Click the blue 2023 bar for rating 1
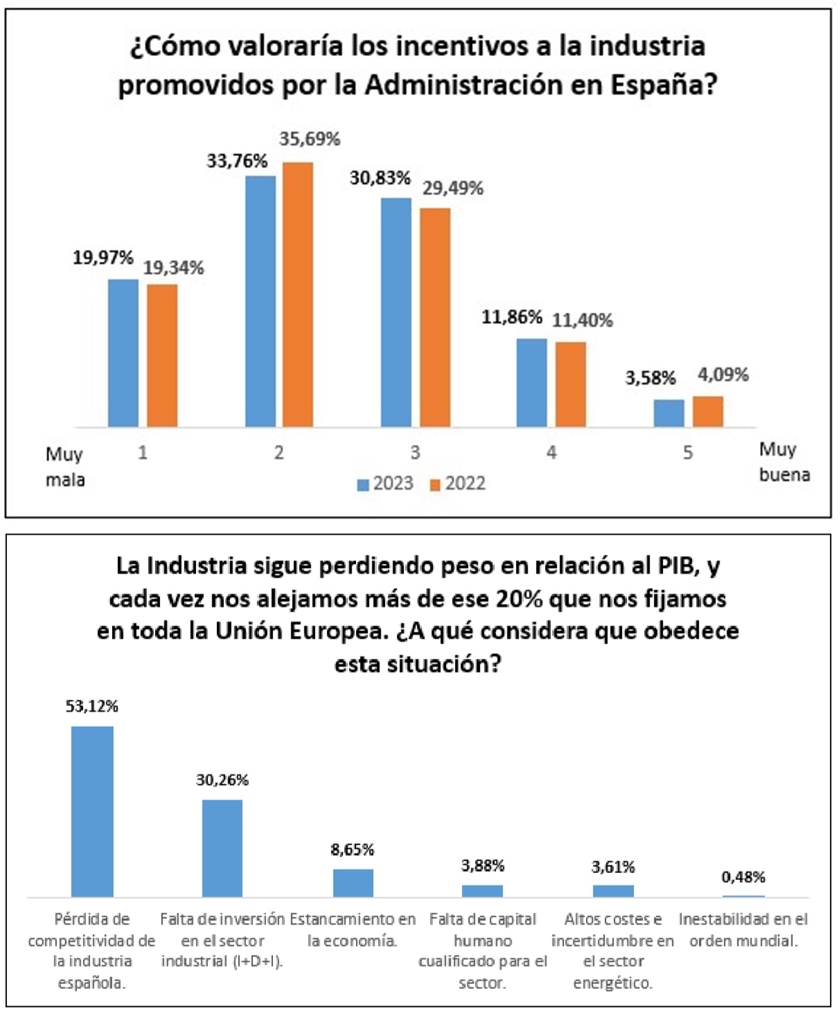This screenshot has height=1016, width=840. [123, 353]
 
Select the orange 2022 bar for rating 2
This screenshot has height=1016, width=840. [297, 295]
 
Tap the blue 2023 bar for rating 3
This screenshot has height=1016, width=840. [396, 312]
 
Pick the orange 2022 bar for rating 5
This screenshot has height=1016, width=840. [708, 412]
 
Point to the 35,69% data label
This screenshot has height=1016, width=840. [309, 139]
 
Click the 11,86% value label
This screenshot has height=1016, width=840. [512, 317]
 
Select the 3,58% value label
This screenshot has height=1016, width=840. [650, 378]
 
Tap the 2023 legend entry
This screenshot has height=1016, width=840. [385, 484]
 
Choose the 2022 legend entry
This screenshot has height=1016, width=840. [457, 484]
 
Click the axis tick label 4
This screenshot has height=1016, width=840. [551, 452]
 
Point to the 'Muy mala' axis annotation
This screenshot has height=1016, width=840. [65, 467]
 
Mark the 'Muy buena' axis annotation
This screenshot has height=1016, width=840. [784, 462]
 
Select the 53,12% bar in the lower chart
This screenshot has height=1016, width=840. [92, 811]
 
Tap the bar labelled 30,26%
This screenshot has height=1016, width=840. [222, 848]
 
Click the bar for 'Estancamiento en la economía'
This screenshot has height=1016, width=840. [353, 882]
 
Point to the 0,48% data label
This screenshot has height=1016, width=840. [743, 877]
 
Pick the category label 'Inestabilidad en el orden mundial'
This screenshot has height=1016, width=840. [743, 930]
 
